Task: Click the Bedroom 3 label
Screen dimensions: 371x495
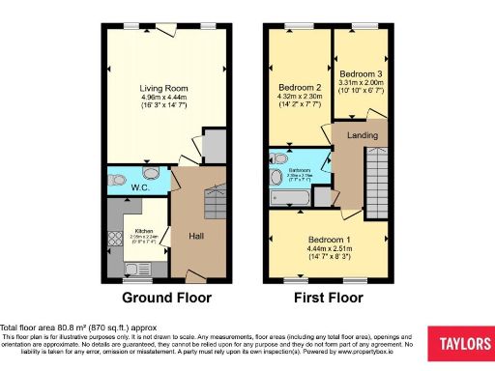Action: [362, 72]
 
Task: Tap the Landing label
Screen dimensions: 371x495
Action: [363, 135]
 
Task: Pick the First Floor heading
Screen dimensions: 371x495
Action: [329, 298]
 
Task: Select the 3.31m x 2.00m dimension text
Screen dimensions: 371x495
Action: [362, 82]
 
